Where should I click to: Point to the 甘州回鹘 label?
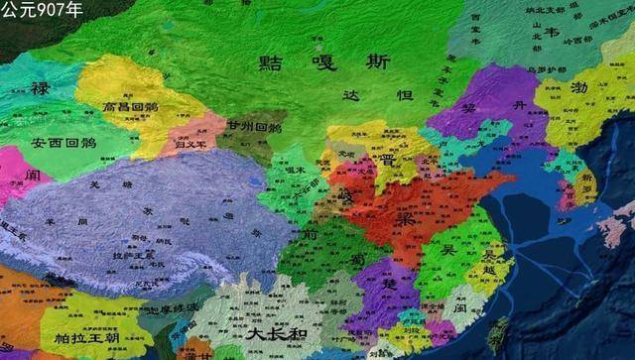[x=253, y=128]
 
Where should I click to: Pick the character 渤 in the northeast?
[x=579, y=87]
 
